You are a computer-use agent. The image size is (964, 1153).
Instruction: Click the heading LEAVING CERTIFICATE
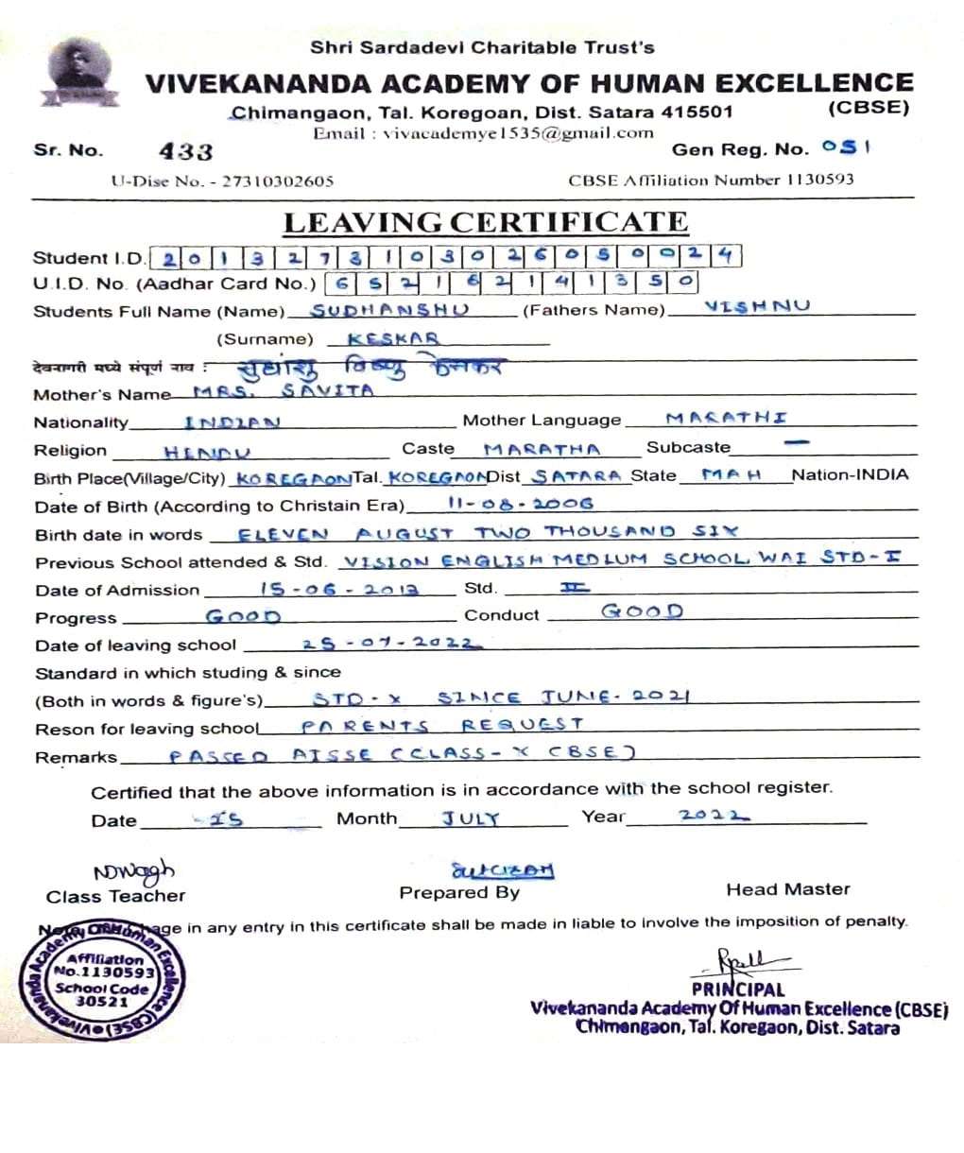tap(486, 223)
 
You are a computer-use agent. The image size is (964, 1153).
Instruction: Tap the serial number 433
tap(186, 151)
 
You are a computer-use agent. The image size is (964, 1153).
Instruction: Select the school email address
tap(518, 133)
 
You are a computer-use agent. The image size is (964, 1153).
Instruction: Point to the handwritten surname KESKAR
tap(393, 337)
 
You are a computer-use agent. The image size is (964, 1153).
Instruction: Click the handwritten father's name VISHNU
tap(757, 306)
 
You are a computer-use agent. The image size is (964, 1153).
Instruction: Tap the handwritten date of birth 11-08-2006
tap(521, 504)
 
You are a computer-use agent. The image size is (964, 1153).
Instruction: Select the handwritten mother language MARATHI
tap(726, 418)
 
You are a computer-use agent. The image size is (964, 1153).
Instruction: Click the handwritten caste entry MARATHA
tap(541, 449)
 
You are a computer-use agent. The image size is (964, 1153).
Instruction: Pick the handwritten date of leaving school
tap(391, 644)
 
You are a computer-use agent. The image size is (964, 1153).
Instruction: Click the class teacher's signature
tap(133, 871)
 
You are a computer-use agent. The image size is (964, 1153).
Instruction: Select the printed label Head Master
tap(787, 889)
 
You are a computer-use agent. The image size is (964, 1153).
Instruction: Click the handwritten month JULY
tap(471, 818)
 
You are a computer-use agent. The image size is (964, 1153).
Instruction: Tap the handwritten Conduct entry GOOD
tap(642, 611)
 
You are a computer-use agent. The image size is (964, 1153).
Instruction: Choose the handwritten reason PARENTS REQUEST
tap(442, 726)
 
